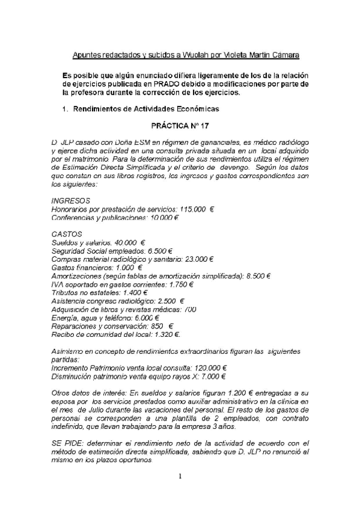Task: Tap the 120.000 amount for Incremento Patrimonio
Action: [204, 367]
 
